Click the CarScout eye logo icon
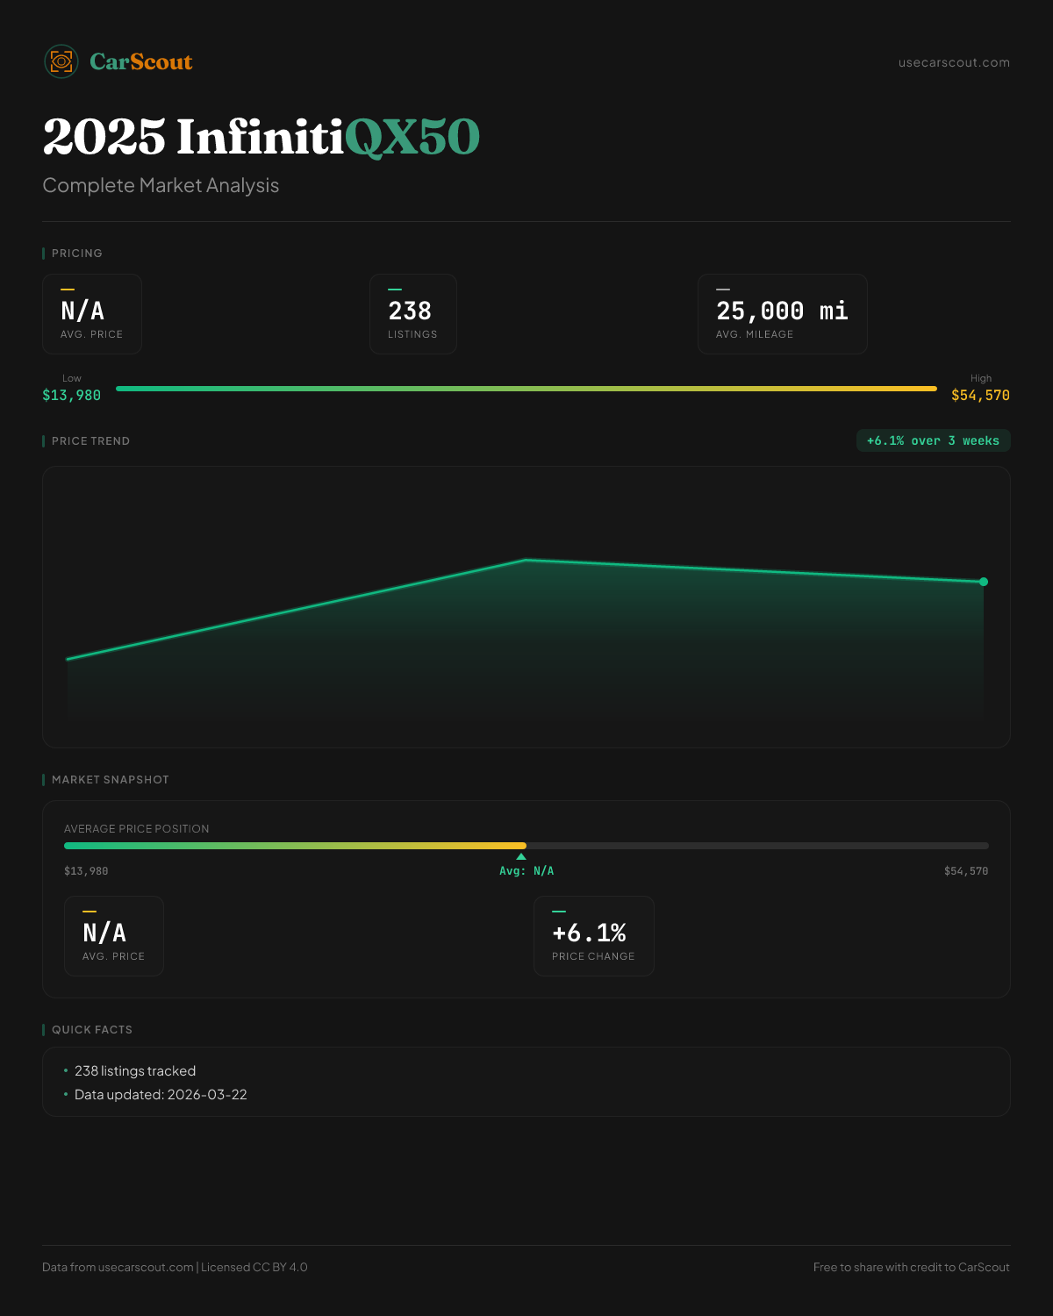tap(61, 61)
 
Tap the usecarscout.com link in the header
tap(954, 62)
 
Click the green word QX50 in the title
tap(412, 137)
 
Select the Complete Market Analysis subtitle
tap(161, 185)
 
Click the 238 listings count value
tap(410, 311)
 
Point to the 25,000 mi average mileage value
tap(782, 311)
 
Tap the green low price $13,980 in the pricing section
tap(72, 395)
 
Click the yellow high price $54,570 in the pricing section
tap(980, 395)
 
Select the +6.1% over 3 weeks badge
tap(933, 440)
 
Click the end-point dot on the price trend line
tap(984, 582)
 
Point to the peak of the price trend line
tap(526, 560)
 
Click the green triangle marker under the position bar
tap(521, 856)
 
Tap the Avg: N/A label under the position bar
tap(526, 871)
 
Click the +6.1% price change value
tap(589, 933)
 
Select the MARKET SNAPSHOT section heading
tap(110, 779)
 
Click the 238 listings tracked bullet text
tap(135, 1070)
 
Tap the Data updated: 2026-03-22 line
tap(161, 1094)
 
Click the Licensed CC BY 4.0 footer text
tap(254, 1267)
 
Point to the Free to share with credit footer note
tap(911, 1267)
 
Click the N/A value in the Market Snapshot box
tap(104, 933)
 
